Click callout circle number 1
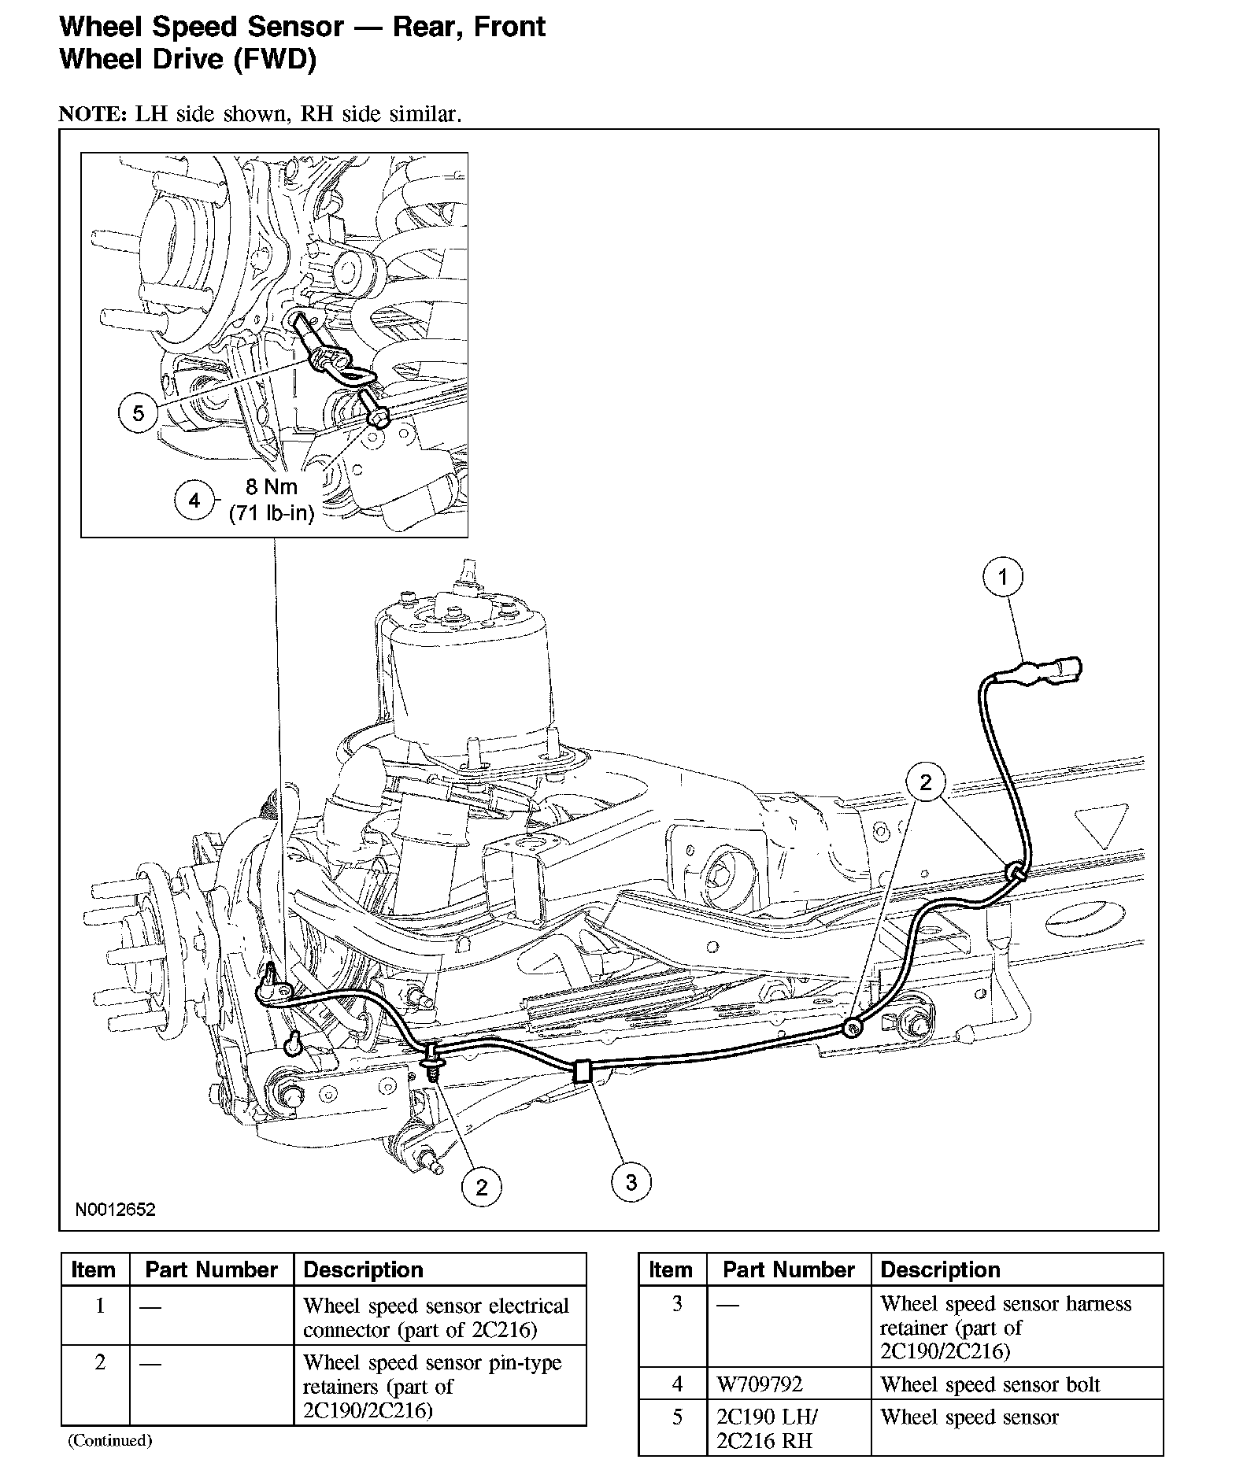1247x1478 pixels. point(1002,578)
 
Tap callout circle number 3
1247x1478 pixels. point(631,1181)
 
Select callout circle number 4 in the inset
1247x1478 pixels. point(194,500)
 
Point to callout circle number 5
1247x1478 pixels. point(139,412)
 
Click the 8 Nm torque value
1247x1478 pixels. point(271,487)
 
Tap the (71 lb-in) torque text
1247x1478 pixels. point(272,514)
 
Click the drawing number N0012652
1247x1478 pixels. point(116,1210)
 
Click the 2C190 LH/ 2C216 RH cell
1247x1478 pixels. point(767,1428)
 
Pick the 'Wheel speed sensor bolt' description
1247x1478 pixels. point(990,1385)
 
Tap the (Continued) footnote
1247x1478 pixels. point(109,1441)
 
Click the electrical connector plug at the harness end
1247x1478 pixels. point(1059,671)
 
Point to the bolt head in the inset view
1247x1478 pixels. point(379,417)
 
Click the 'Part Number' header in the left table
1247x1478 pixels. point(212,1270)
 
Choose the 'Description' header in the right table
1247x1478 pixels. point(940,1270)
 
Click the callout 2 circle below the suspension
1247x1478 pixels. point(482,1186)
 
